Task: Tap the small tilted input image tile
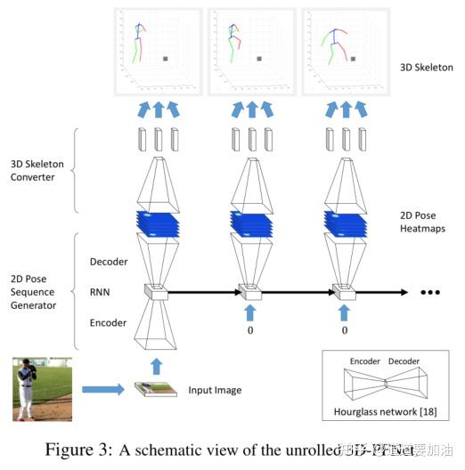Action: pos(155,389)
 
